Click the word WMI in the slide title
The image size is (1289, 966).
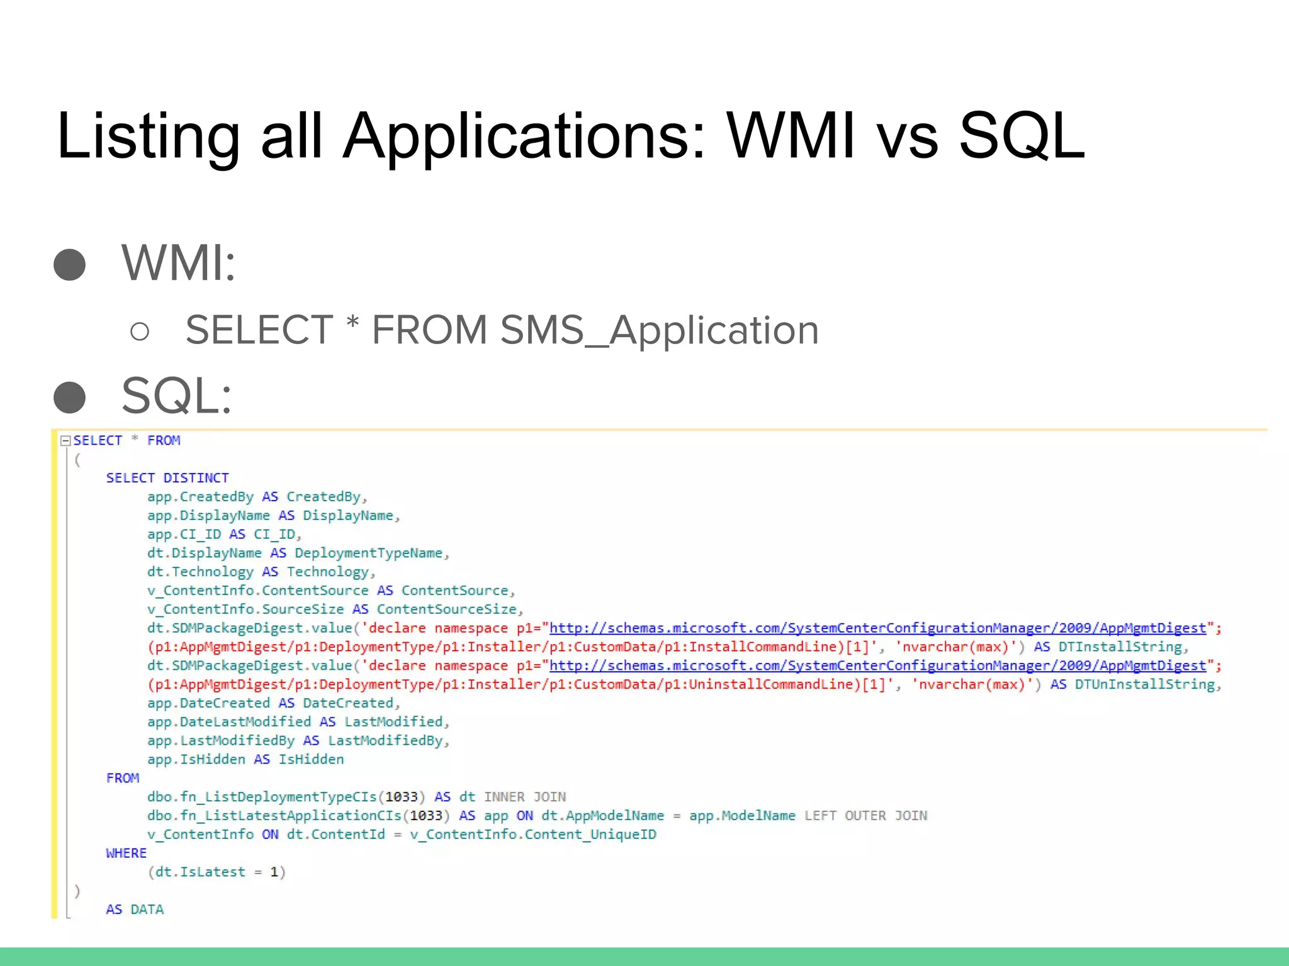(791, 136)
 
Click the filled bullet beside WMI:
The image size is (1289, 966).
(70, 265)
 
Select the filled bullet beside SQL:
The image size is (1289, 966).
(70, 397)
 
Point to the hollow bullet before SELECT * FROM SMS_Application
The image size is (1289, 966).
(140, 331)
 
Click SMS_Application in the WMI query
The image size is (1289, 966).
(659, 330)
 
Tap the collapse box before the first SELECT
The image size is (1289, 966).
(65, 441)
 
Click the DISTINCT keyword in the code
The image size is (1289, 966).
(196, 478)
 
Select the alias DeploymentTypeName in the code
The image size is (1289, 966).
(368, 553)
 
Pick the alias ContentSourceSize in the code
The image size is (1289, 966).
(447, 609)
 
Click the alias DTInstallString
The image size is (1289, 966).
(1120, 647)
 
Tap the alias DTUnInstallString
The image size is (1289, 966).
(1144, 684)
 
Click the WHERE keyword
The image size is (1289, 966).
(126, 853)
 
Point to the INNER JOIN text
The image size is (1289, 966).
(524, 797)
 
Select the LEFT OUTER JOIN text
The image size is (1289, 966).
(865, 816)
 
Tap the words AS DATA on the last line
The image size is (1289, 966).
(135, 909)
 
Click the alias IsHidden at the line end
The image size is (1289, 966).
(311, 760)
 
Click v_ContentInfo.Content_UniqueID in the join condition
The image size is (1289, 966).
(532, 835)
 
